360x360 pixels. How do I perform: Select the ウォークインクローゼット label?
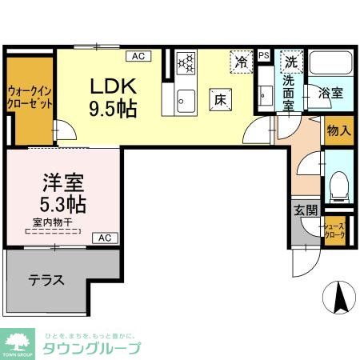pyautogui.click(x=30, y=98)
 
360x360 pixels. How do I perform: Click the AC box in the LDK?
pyautogui.click(x=138, y=56)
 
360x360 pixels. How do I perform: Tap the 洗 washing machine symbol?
pyautogui.click(x=293, y=62)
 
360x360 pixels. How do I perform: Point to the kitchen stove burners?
pyautogui.click(x=186, y=63)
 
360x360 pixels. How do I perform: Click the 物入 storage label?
pyautogui.click(x=338, y=130)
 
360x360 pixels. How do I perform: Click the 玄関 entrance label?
pyautogui.click(x=305, y=211)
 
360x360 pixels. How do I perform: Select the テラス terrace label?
pyautogui.click(x=47, y=280)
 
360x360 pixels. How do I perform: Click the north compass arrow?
pyautogui.click(x=338, y=299)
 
